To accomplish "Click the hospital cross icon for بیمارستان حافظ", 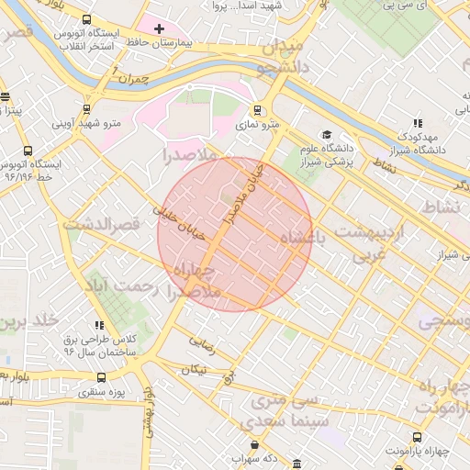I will click(160, 29).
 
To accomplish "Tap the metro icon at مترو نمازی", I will click(257, 106).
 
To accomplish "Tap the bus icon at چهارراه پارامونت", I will click(418, 438).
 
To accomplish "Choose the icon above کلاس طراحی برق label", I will click(100, 325).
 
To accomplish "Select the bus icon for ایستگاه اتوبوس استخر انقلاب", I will click(87, 19).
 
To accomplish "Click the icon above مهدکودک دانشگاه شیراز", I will click(418, 122).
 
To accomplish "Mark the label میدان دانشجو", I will click(277, 57).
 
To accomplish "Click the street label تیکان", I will click(195, 370).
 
